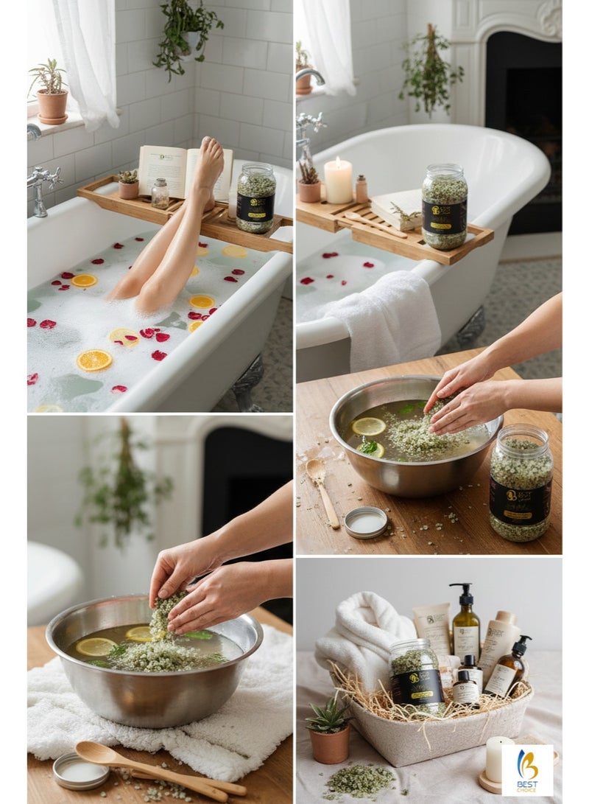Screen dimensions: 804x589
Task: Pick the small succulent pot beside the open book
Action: point(129,186)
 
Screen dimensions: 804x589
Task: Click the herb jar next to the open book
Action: point(255,197)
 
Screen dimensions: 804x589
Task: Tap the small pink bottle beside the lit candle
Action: point(361,189)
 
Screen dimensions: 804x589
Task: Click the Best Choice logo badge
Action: point(527,769)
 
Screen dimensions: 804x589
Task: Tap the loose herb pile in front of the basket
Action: point(361,780)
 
